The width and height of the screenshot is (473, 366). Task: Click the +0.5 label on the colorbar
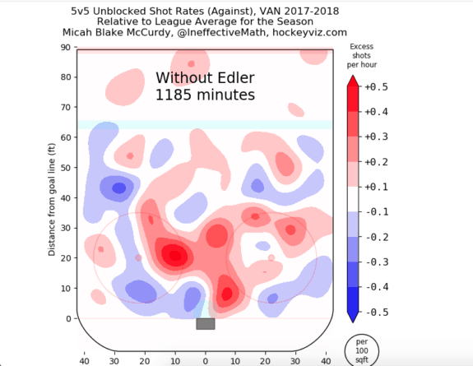tap(376, 87)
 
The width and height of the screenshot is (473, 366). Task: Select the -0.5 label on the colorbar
tap(377, 312)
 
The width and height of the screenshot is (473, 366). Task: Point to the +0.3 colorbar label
tap(376, 137)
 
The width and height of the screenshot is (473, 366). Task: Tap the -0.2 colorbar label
tap(377, 237)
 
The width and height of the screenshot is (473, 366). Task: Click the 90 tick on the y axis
tap(65, 48)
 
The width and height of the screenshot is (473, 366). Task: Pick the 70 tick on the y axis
tap(65, 108)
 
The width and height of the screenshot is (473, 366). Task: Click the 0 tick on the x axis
tap(205, 361)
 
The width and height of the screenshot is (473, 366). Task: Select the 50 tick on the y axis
tap(65, 168)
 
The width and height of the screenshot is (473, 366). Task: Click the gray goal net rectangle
tap(206, 324)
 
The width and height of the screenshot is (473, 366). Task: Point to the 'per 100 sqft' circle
tap(362, 350)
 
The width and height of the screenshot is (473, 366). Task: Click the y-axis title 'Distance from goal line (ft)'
tap(52, 200)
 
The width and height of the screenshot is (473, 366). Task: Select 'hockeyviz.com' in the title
tap(310, 32)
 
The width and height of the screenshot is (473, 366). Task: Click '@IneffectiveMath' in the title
tap(222, 32)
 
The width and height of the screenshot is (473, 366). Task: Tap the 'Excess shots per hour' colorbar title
tap(362, 56)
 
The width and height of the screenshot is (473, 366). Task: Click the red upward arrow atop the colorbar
tap(353, 81)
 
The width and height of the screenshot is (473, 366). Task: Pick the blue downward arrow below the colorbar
tap(353, 317)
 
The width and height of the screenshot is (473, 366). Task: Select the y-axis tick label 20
tap(65, 258)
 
